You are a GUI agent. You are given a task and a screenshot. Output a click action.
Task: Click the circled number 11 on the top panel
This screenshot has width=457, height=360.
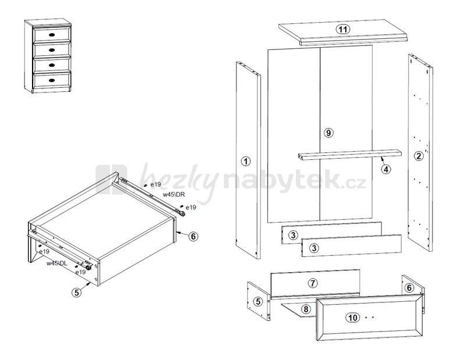343,29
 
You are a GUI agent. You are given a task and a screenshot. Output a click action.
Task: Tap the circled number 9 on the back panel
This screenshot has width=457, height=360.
328,133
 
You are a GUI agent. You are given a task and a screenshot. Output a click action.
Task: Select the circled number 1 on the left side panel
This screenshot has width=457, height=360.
246,161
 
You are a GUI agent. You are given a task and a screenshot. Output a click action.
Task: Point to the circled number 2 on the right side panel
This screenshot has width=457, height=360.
419,156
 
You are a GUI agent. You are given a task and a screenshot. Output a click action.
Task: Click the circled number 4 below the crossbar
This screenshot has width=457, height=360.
386,169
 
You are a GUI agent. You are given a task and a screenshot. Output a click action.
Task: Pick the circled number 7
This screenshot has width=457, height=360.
313,283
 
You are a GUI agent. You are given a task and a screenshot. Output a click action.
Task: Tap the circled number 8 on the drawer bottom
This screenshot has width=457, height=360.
306,309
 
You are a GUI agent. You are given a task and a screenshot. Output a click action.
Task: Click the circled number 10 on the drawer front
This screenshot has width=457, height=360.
353,318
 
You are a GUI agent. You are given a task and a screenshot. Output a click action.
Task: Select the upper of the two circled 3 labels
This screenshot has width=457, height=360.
293,235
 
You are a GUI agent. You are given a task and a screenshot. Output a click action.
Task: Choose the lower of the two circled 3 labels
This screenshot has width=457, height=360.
314,248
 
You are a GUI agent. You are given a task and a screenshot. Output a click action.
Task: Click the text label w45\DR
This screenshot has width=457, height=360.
173,195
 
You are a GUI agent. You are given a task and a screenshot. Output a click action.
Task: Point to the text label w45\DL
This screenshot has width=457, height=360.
57,263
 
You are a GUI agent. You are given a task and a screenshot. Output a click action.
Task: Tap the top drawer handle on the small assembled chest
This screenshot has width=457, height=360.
52,35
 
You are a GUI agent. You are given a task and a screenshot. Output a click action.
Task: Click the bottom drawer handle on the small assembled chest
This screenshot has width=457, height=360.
52,80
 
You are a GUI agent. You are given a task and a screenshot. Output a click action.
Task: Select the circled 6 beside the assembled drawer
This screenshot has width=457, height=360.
193,236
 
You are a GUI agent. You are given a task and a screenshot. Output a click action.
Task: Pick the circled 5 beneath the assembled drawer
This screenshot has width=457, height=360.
77,292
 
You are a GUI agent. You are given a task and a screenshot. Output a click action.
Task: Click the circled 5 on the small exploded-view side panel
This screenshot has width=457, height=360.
258,301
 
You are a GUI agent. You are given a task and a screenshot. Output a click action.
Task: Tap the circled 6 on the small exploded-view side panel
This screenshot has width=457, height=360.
409,288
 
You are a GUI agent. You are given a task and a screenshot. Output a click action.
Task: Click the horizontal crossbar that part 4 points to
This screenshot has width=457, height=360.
349,155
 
